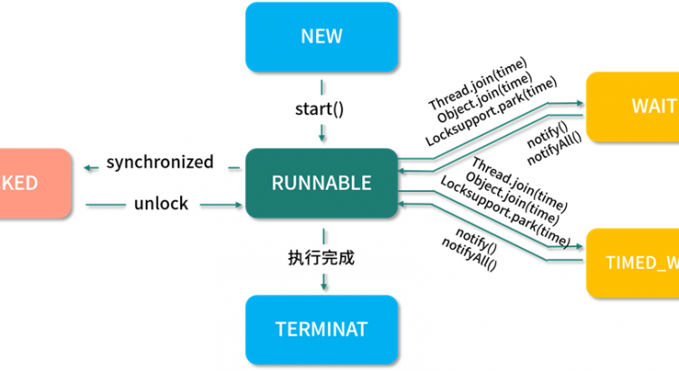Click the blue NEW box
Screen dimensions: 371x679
pyautogui.click(x=321, y=36)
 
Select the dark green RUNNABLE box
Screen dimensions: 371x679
pyautogui.click(x=321, y=182)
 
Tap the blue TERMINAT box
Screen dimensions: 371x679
pyautogui.click(x=321, y=328)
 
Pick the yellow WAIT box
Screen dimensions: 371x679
pyautogui.click(x=633, y=108)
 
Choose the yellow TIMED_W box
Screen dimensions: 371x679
pyautogui.click(x=633, y=263)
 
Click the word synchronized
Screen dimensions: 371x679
pyautogui.click(x=160, y=163)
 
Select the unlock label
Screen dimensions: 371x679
pyautogui.click(x=160, y=204)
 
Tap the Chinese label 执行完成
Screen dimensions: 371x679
pyautogui.click(x=321, y=256)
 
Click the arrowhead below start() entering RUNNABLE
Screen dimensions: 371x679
pyautogui.click(x=321, y=138)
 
